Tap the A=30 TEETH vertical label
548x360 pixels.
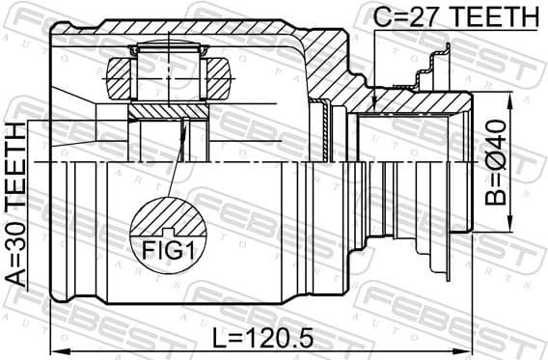16,204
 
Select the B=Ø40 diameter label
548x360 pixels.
495,164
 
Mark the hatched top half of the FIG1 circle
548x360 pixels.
168,216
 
